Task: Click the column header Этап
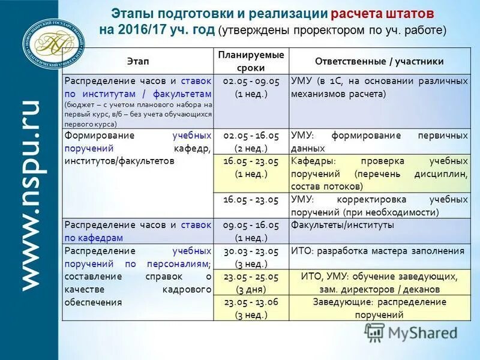139,61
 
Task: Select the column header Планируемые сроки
251,61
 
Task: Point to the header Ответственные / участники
379,61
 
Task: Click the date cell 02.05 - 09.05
251,87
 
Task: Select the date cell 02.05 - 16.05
251,142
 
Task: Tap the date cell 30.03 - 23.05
251,257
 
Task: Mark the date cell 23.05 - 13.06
251,308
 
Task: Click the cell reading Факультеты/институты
343,225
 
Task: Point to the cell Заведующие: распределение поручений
379,308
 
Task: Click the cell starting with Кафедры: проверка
379,173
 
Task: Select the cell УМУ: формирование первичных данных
379,142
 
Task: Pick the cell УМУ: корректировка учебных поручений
379,206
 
